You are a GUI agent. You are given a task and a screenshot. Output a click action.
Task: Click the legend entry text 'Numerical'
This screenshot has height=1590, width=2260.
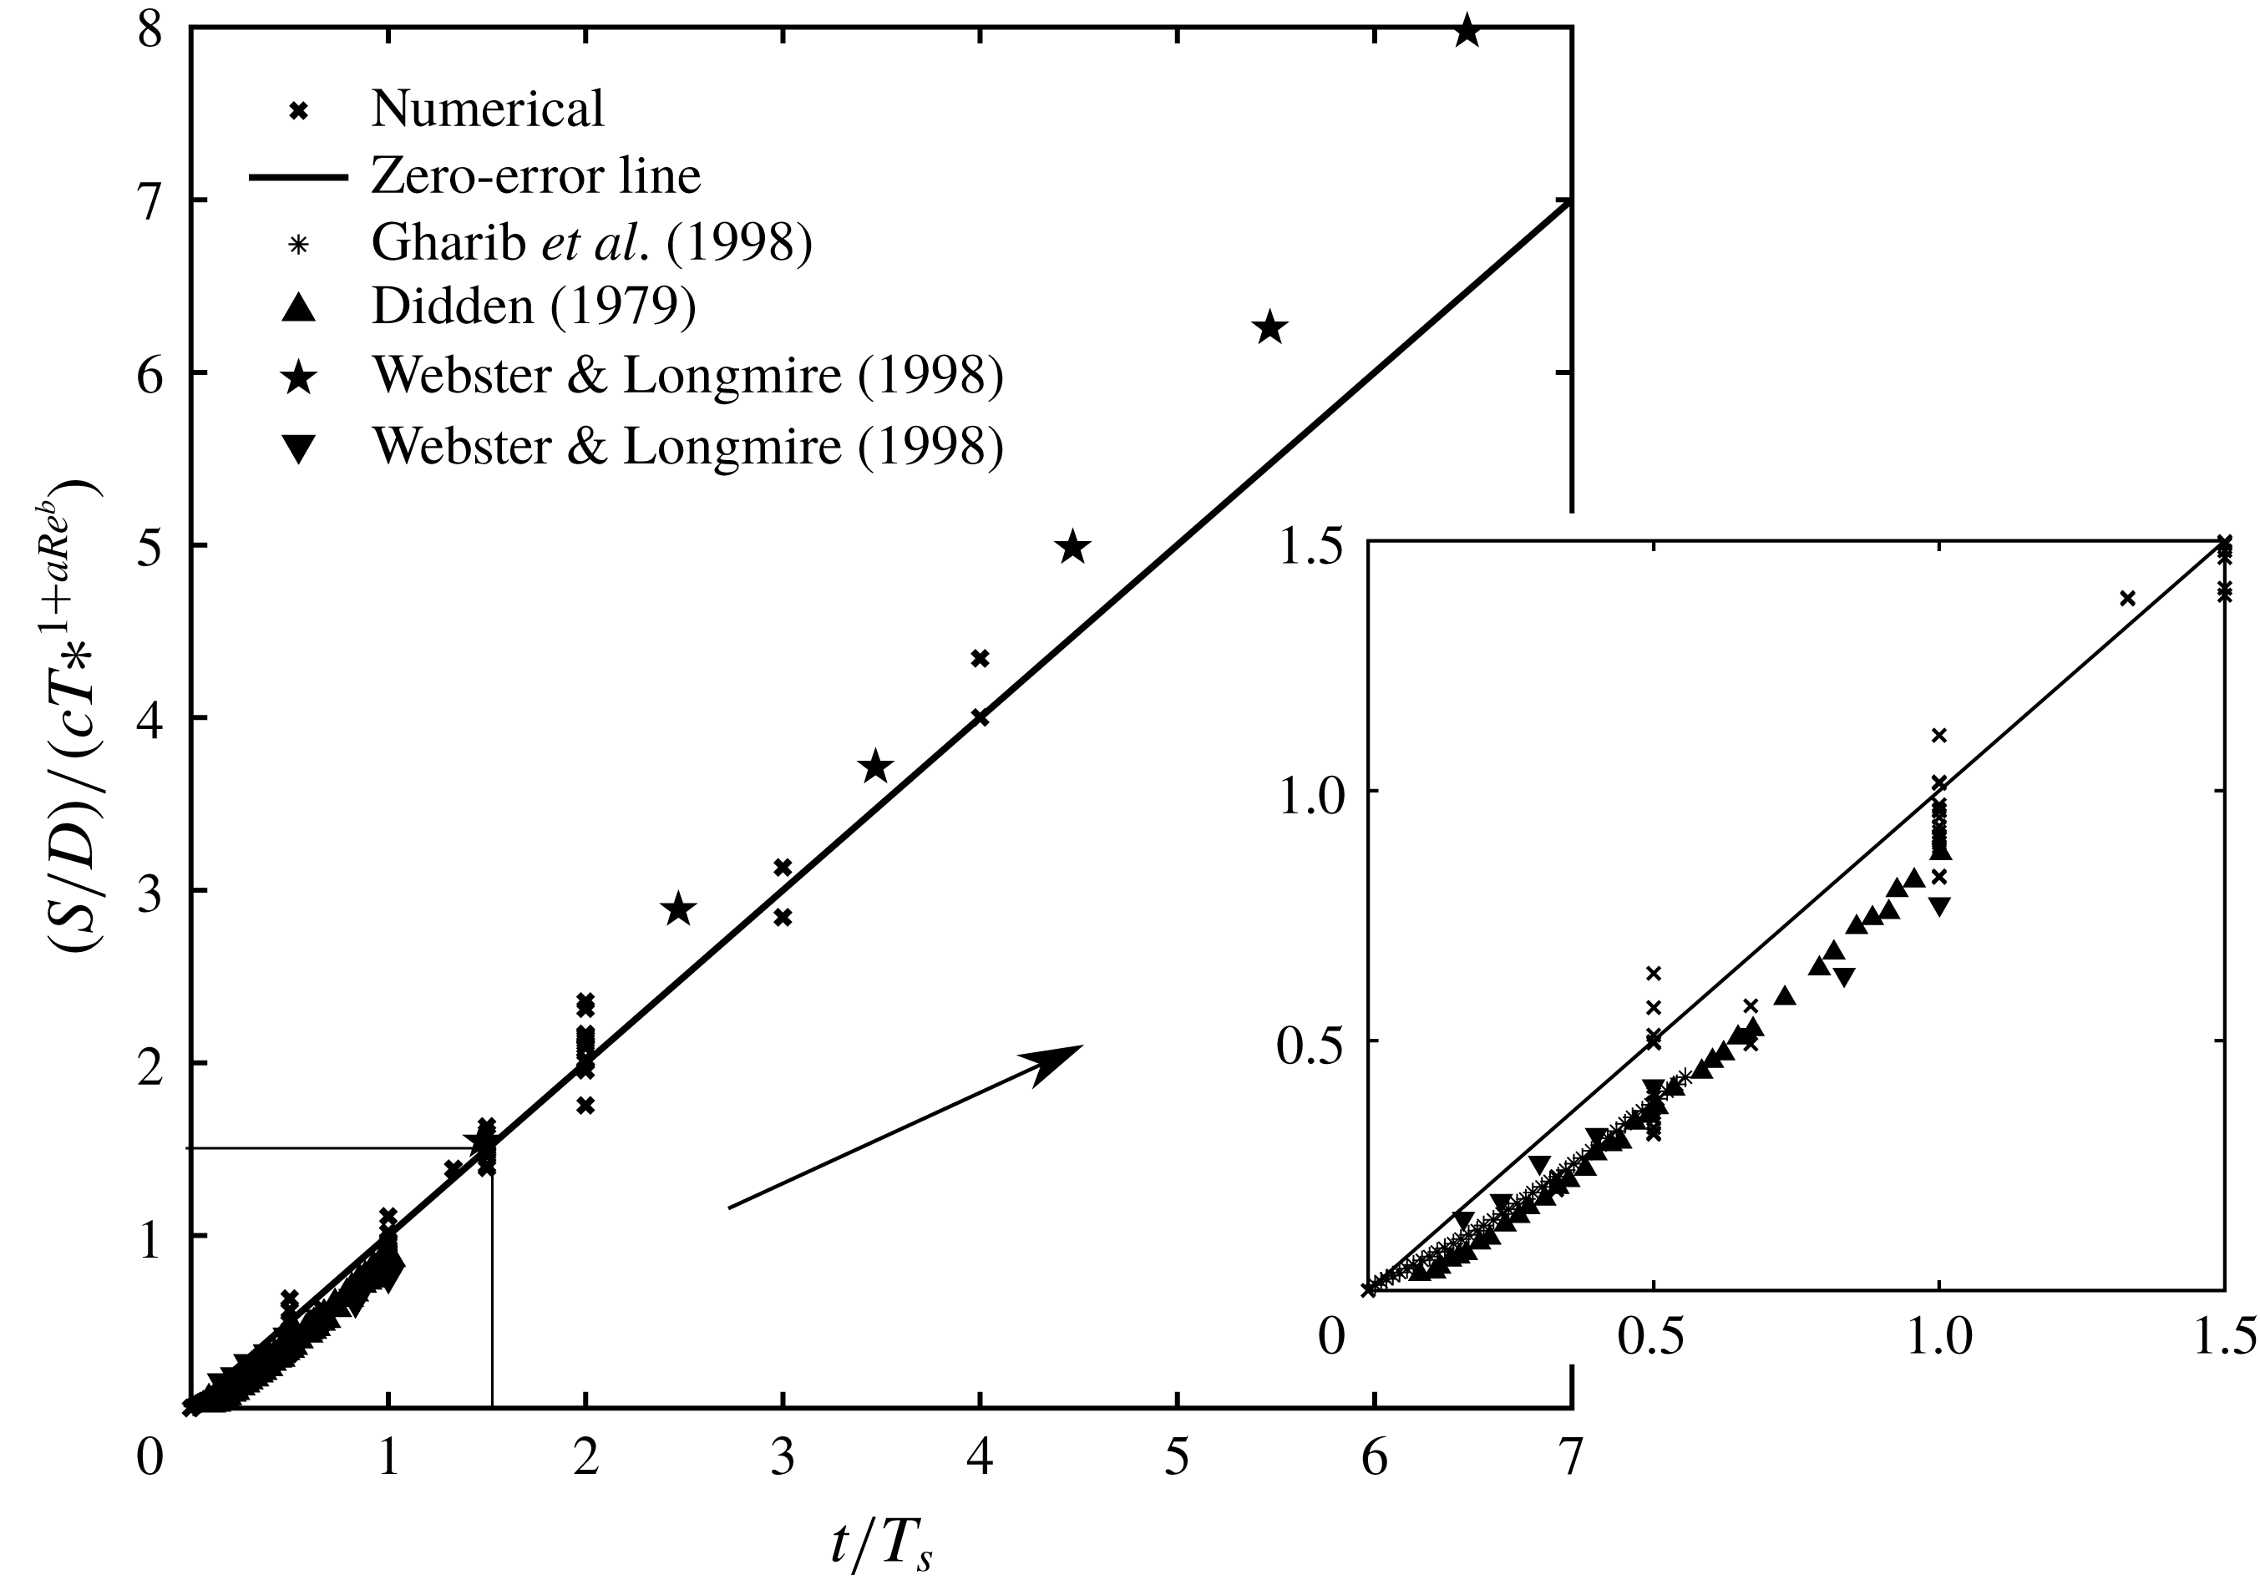click(x=487, y=109)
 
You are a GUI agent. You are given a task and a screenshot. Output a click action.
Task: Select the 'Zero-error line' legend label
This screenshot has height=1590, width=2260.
click(x=535, y=176)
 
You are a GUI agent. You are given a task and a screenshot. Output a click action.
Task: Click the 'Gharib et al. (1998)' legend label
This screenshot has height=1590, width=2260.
click(x=591, y=241)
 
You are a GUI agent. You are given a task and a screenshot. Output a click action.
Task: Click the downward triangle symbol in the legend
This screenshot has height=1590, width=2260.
click(x=297, y=448)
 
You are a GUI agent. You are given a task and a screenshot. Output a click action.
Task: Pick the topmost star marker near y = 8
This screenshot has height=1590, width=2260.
click(x=1467, y=31)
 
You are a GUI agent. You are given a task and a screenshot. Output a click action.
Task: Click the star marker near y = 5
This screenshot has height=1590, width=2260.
click(x=1073, y=547)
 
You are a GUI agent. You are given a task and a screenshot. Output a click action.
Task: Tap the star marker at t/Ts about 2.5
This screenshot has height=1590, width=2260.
click(x=678, y=910)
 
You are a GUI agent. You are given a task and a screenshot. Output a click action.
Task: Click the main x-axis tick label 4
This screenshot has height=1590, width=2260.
click(x=980, y=1457)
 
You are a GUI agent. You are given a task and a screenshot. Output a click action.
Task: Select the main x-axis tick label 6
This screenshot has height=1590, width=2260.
click(x=1374, y=1457)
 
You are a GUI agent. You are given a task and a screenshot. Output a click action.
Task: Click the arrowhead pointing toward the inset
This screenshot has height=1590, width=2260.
click(x=1058, y=1061)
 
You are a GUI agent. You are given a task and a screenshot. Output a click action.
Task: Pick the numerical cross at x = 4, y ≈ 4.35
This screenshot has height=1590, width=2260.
click(x=980, y=658)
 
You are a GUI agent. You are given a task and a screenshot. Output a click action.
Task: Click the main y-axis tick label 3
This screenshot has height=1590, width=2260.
click(x=149, y=891)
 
